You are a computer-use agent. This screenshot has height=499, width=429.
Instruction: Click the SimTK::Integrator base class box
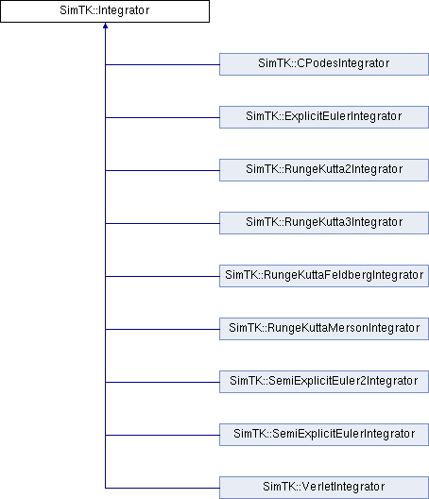tap(105, 11)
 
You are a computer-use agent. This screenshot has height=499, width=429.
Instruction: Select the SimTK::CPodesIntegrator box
tap(324, 64)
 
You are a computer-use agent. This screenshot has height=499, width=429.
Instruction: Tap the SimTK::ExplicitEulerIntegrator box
tap(324, 117)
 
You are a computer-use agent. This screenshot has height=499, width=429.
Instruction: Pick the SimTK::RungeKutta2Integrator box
tap(324, 170)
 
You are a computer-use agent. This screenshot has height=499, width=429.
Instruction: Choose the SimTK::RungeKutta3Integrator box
tap(324, 223)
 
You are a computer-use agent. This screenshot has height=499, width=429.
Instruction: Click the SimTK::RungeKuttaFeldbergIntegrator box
tap(324, 276)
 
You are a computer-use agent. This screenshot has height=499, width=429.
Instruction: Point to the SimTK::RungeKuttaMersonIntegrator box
tap(324, 329)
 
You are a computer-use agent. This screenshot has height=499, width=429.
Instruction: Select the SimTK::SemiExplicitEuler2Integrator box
tap(324, 382)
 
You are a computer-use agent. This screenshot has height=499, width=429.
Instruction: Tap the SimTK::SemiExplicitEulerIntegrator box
tap(324, 435)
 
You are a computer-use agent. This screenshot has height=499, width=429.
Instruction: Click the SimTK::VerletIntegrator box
tap(324, 488)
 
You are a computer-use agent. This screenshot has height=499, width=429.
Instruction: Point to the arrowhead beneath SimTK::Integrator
tap(105, 26)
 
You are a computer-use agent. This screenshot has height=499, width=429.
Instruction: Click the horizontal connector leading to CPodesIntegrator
tap(163, 64)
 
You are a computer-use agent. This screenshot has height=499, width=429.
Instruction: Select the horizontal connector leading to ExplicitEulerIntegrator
tap(163, 117)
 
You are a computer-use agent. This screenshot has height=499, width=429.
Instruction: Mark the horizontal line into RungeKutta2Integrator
tap(163, 170)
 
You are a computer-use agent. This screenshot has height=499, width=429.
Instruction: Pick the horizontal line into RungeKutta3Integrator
tap(163, 223)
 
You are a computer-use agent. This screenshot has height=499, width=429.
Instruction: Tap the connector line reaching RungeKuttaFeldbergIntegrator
tap(163, 276)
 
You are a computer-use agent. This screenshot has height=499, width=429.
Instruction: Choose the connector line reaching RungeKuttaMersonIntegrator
tap(163, 330)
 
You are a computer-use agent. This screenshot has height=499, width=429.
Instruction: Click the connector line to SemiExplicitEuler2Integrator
tap(163, 382)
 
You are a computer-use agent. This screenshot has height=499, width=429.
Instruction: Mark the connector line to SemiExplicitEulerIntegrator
tap(163, 435)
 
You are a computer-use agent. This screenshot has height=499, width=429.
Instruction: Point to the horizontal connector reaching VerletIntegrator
tap(163, 488)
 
